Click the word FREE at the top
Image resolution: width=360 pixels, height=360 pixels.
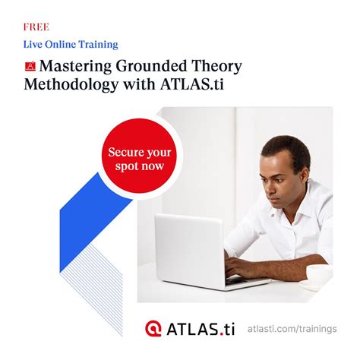pyautogui.click(x=36, y=27)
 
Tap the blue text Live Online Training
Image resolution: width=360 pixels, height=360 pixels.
pyautogui.click(x=71, y=45)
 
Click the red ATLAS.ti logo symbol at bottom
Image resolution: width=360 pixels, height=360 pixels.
pyautogui.click(x=153, y=329)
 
